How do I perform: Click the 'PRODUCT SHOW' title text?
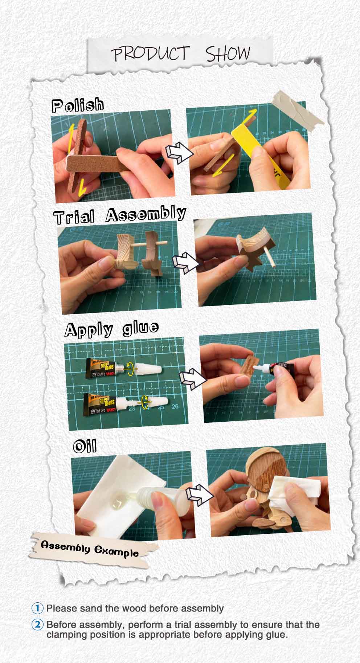click(181, 54)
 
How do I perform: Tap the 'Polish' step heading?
click(78, 106)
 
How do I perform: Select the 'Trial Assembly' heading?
click(120, 215)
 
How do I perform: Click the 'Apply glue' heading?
click(111, 329)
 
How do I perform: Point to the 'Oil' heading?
click(85, 446)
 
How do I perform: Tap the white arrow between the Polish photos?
click(178, 153)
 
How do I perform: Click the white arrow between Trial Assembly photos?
click(185, 263)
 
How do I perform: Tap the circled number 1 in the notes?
click(38, 608)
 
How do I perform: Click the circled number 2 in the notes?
click(38, 625)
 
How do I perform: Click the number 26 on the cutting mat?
click(175, 406)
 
